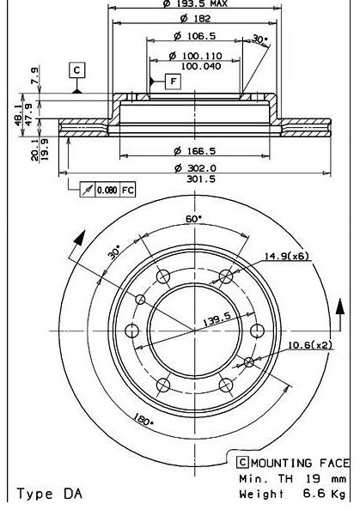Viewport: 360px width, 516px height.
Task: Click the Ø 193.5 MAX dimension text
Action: [195, 3]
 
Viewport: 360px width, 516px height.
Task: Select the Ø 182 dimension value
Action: [195, 18]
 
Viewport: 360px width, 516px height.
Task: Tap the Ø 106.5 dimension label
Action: [195, 35]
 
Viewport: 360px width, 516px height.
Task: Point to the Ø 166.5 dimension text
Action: [195, 151]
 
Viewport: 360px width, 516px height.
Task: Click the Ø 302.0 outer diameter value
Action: [195, 168]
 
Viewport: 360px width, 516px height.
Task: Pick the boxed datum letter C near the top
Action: [76, 70]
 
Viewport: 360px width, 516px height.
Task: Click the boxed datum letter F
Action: [174, 81]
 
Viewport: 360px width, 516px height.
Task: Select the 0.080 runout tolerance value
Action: [107, 191]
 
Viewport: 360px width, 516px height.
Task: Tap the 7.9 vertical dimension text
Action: [35, 76]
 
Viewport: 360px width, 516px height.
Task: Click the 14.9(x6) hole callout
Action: [286, 256]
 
